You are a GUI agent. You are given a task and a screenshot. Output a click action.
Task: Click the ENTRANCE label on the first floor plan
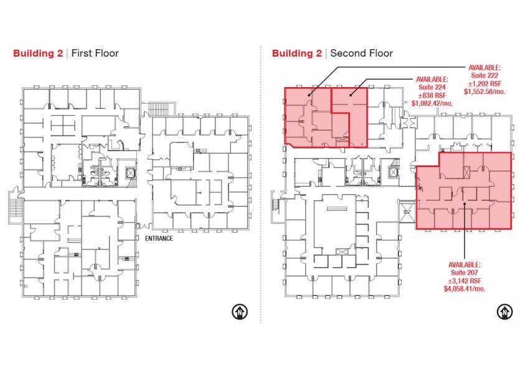coord(159,238)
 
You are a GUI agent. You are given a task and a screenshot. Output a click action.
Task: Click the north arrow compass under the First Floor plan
coord(240,312)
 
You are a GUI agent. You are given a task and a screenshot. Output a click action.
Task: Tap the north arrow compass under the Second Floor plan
coord(505,312)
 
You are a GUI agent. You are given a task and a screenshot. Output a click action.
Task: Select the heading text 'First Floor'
coord(95,53)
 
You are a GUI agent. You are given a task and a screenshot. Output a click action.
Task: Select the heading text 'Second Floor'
coord(362,53)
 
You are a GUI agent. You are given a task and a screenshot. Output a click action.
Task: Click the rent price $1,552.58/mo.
coord(484,91)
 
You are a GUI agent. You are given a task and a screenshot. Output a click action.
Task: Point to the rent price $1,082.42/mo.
coord(432,103)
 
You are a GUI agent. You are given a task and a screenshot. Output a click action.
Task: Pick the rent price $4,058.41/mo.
coord(464,289)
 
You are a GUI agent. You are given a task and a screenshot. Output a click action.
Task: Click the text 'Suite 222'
coord(484,76)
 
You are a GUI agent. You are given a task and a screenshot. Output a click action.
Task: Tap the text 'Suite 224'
coord(432,87)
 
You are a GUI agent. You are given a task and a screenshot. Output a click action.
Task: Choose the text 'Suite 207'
coord(464,273)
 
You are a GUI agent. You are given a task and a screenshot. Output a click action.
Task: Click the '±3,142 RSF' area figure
coord(464,280)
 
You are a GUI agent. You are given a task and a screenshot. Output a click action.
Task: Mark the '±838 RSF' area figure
coord(432,95)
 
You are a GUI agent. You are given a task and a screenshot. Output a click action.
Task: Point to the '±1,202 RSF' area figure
coord(484,83)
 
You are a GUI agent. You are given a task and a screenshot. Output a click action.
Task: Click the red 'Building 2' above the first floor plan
coord(38,53)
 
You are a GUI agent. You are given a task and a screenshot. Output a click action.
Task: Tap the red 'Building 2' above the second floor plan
coord(297,53)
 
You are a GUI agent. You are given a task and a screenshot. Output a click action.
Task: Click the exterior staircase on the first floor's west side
coord(16,206)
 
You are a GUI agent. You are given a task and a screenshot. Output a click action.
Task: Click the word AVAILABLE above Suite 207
coord(464,265)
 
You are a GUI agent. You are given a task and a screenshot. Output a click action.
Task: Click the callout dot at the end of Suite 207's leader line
coord(464,204)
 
